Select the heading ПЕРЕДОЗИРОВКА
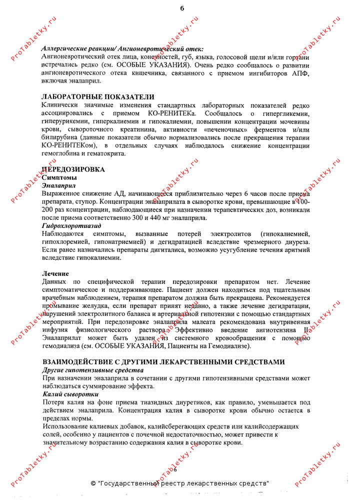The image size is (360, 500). tap(74, 169)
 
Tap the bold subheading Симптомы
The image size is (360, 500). tap(59, 177)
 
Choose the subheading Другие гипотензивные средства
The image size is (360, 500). tap(93, 370)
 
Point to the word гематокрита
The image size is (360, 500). tap(104, 153)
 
